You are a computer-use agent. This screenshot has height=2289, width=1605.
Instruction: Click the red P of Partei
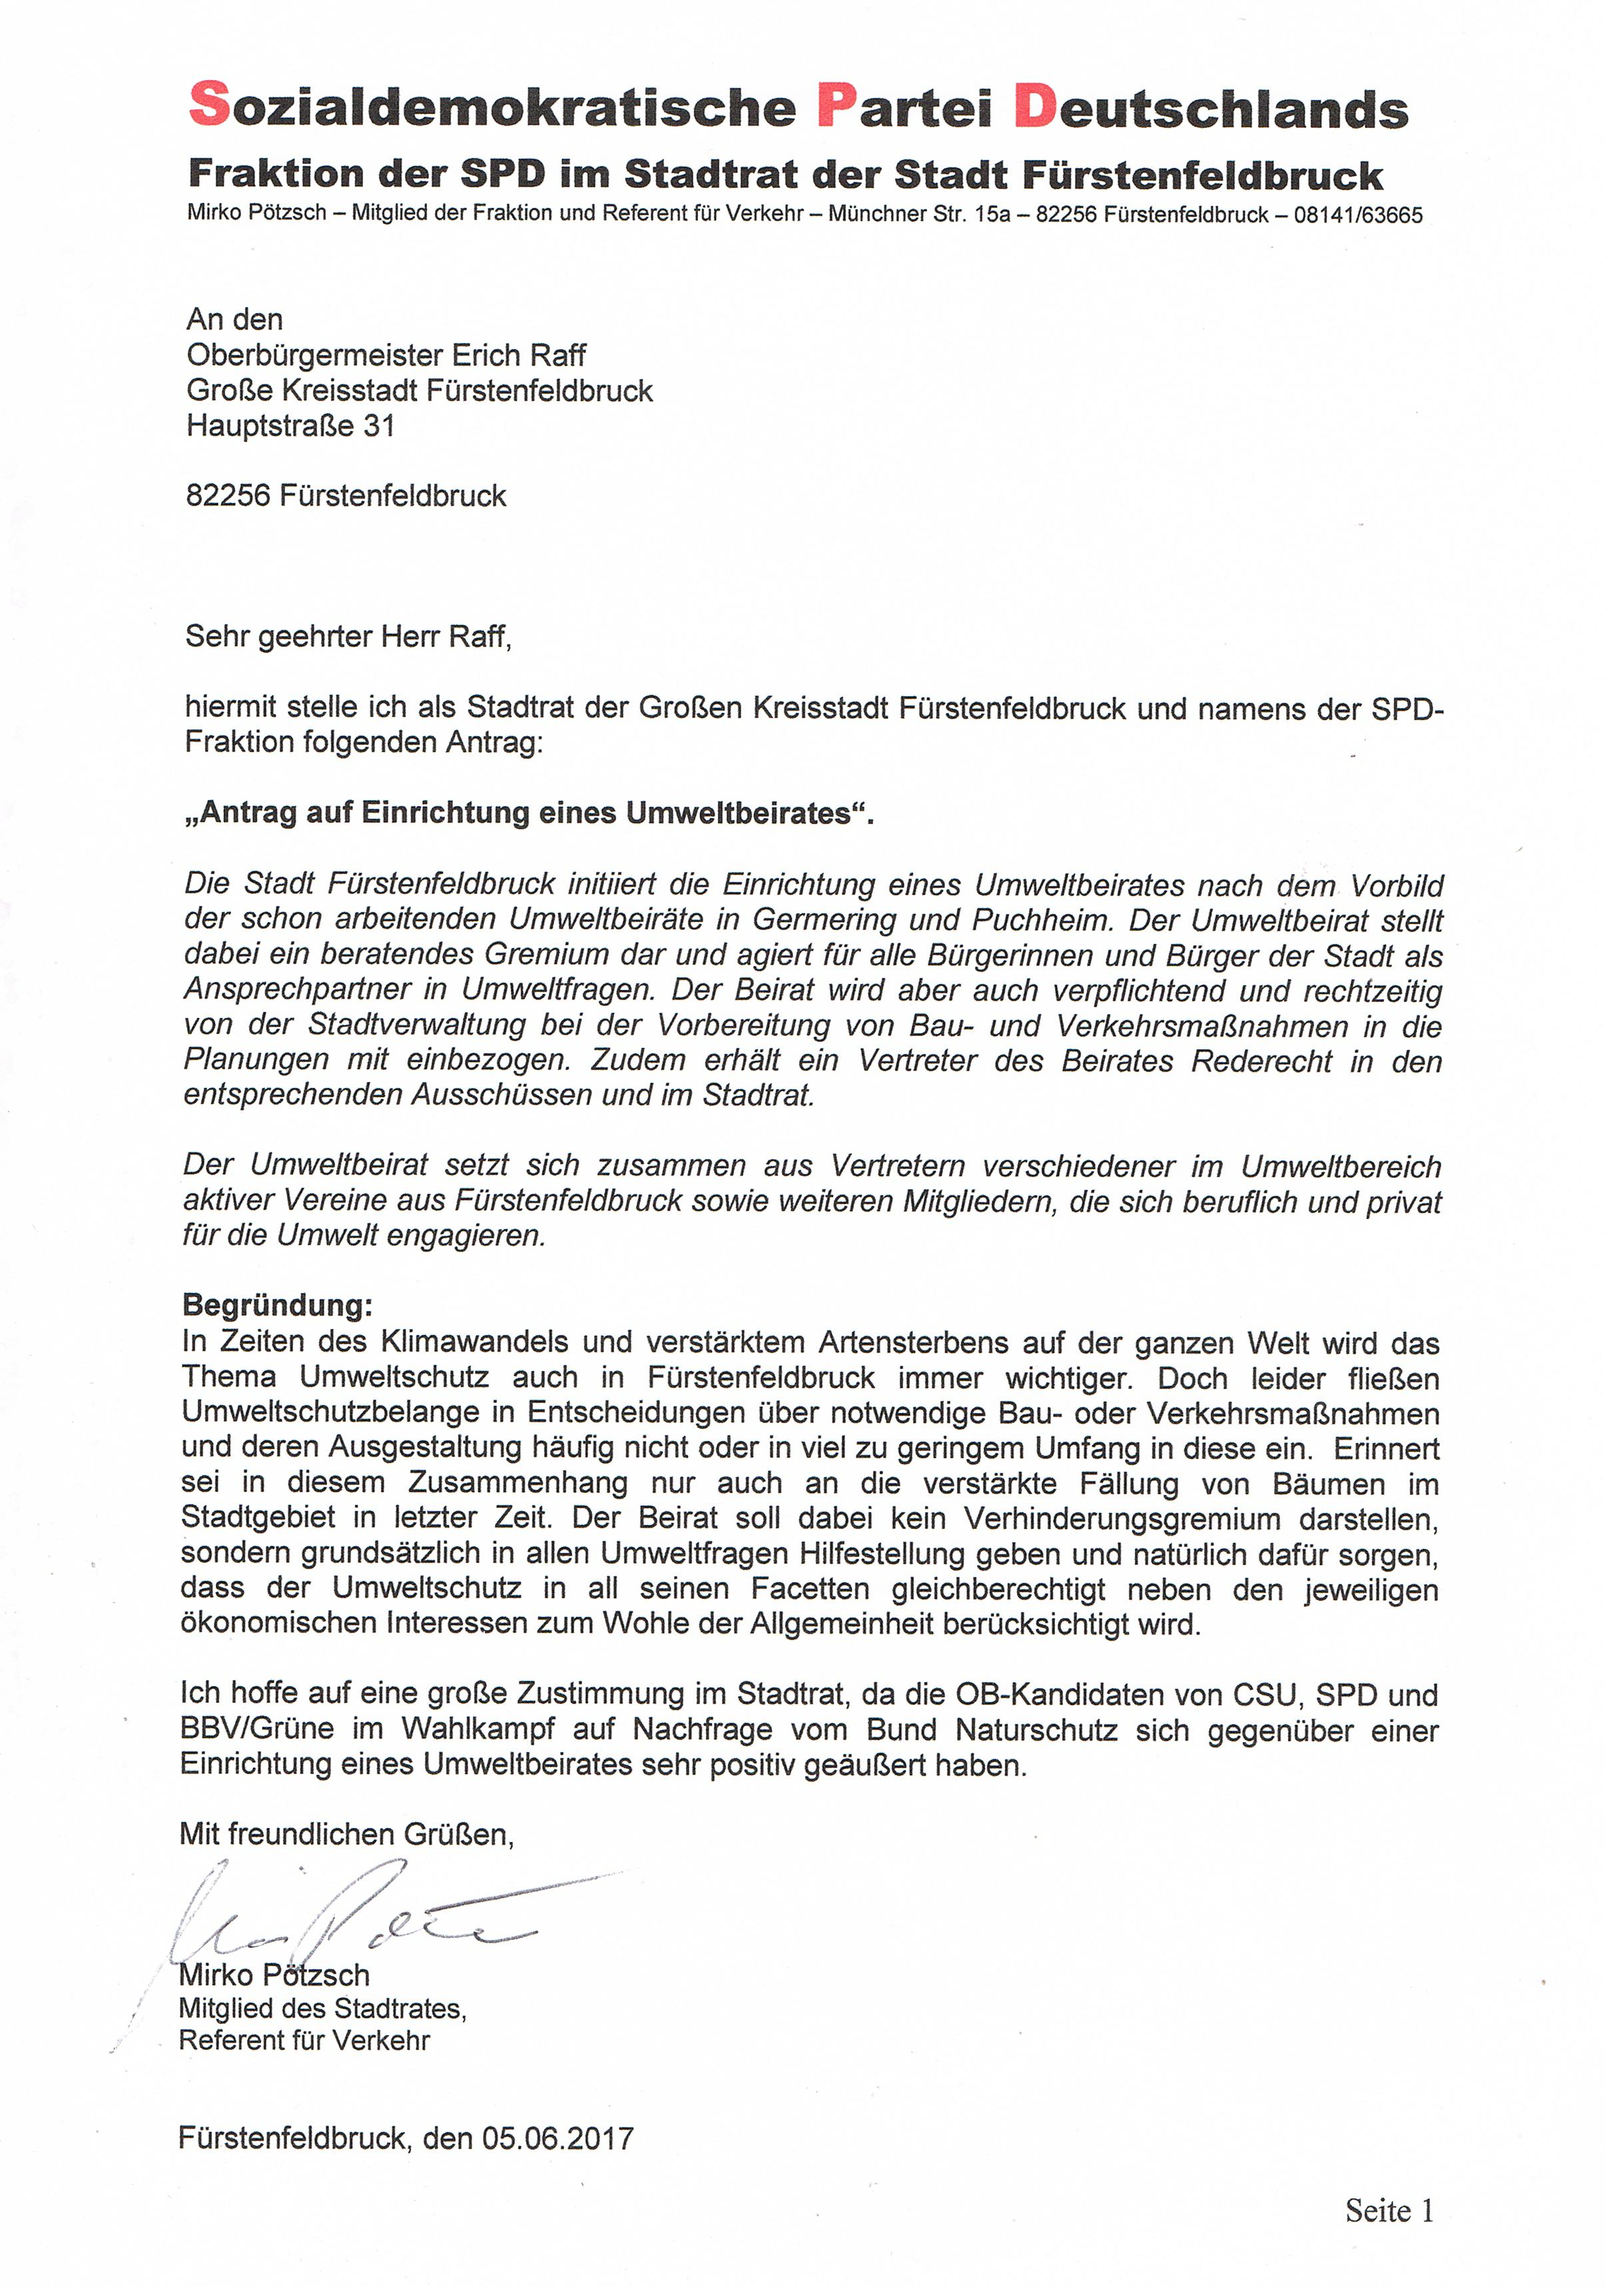tap(837, 105)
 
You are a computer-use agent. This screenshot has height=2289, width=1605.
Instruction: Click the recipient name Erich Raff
tap(518, 355)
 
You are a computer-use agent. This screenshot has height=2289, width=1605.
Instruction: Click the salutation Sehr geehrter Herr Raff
tap(348, 636)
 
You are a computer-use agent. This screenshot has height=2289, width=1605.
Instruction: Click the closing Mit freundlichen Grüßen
tap(346, 1833)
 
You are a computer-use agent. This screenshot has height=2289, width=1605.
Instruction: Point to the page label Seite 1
tap(1389, 2210)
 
